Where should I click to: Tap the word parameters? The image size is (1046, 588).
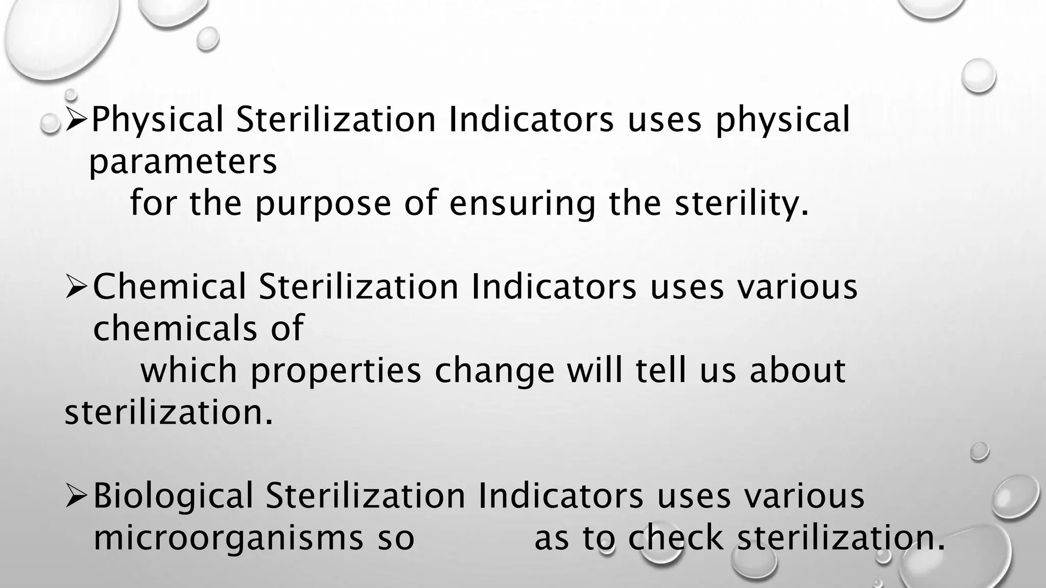[x=183, y=162]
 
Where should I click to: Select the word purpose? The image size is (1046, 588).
[x=323, y=203]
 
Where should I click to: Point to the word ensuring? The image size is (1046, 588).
[x=522, y=203]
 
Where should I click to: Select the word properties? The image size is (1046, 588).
[x=336, y=371]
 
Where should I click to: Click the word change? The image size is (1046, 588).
[x=494, y=371]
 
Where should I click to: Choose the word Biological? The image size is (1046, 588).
[x=173, y=496]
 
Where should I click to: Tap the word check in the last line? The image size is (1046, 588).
[x=675, y=538]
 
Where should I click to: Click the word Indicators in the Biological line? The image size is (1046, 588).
[x=560, y=496]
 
